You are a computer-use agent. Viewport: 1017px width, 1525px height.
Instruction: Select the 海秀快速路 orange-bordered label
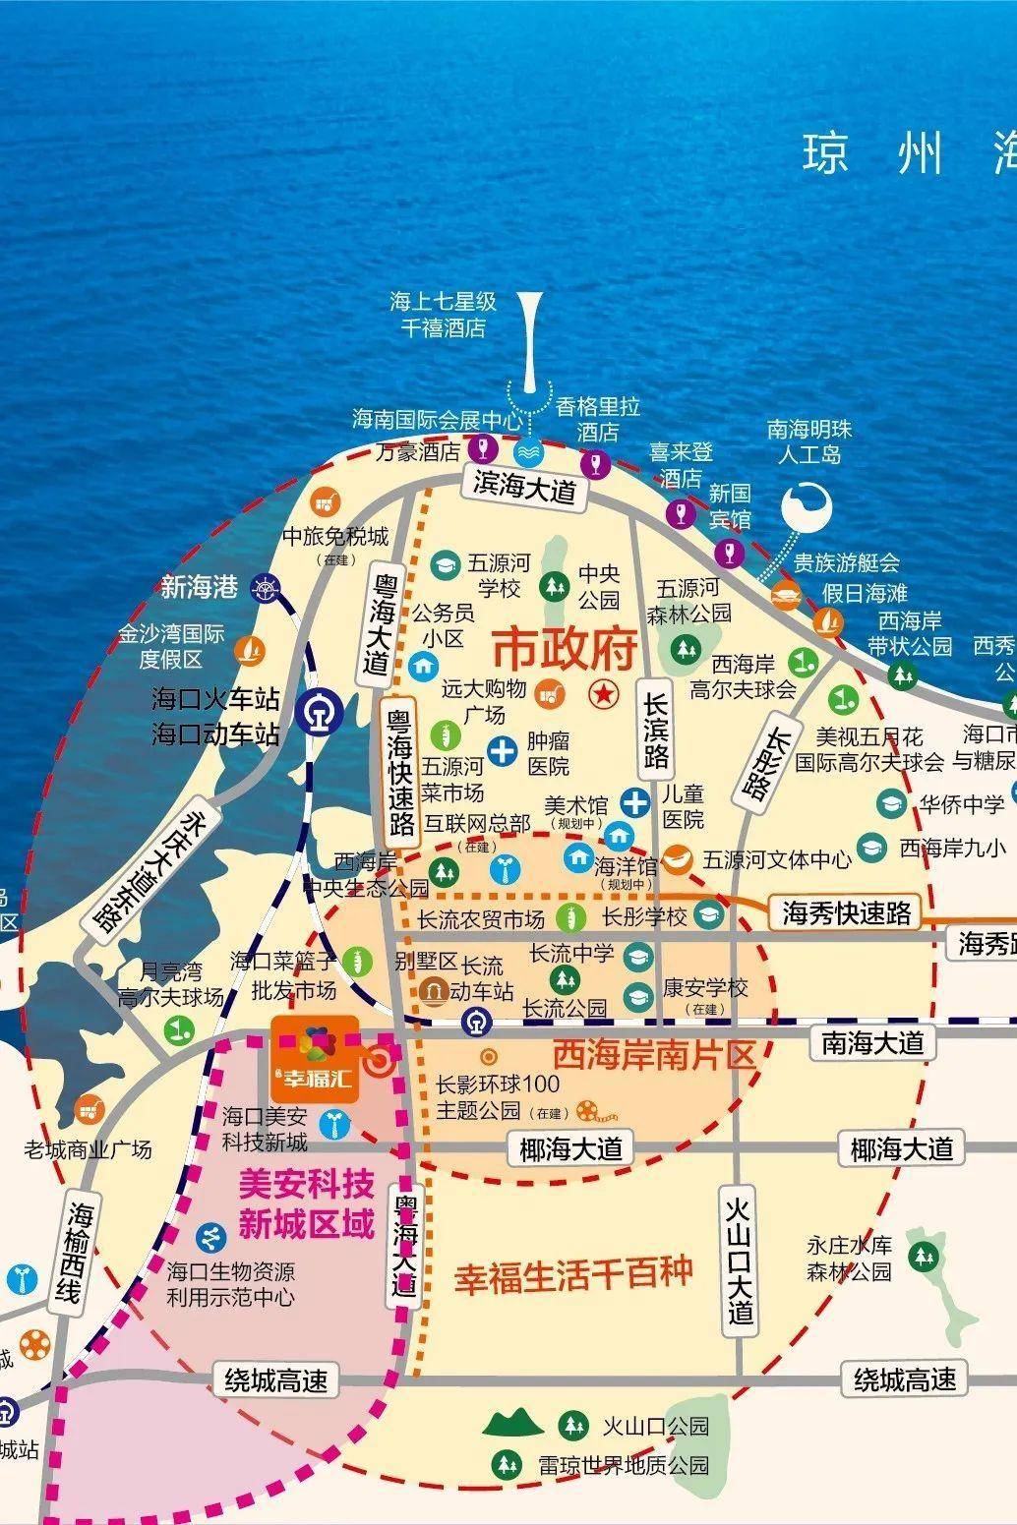(x=846, y=912)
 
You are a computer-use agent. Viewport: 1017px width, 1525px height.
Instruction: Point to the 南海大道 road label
(x=872, y=1042)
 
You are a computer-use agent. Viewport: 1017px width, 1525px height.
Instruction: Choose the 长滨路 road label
(x=656, y=729)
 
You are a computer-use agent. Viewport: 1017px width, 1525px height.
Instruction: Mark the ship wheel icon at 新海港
(x=264, y=589)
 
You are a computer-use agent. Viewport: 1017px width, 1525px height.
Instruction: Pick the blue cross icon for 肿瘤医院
(x=503, y=752)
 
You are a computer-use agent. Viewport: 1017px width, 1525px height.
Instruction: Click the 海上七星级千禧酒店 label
(x=443, y=315)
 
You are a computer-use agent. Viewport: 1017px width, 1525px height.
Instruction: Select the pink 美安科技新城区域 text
(x=307, y=1204)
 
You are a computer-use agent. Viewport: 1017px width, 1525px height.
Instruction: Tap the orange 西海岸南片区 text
(x=653, y=1055)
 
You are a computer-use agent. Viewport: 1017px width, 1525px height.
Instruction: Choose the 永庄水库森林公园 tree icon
(x=922, y=1255)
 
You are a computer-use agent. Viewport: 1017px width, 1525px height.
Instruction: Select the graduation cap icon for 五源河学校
(x=446, y=564)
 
